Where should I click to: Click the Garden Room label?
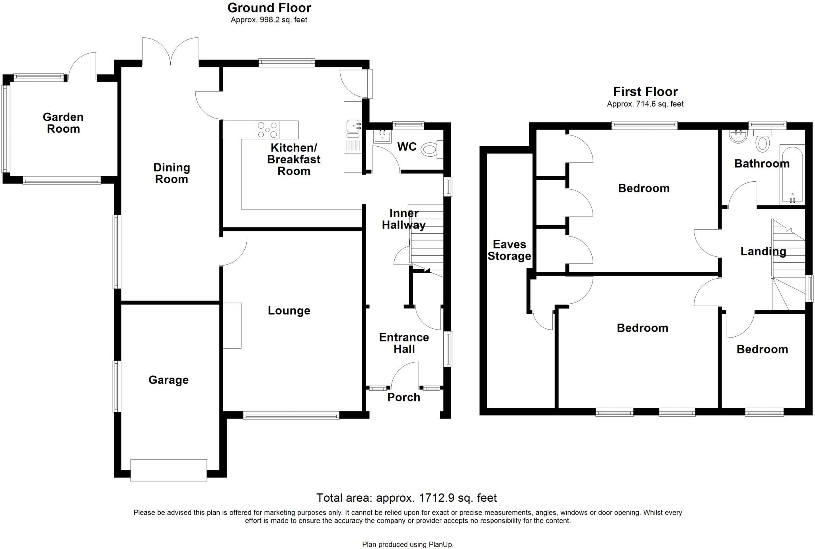tap(63, 123)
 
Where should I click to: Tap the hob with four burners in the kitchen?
tap(267, 130)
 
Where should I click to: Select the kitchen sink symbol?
tap(353, 126)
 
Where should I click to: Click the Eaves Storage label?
tap(509, 250)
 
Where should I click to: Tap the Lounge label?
tap(289, 310)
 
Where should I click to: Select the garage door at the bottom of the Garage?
tap(169, 470)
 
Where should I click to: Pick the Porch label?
tap(404, 397)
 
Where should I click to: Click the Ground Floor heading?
tap(269, 8)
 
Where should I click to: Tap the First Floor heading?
tap(645, 92)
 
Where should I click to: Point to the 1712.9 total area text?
tap(406, 498)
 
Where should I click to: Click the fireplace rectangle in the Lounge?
tap(232, 326)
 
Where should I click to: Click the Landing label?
tap(763, 251)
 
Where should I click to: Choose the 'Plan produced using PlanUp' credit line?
tap(407, 544)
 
